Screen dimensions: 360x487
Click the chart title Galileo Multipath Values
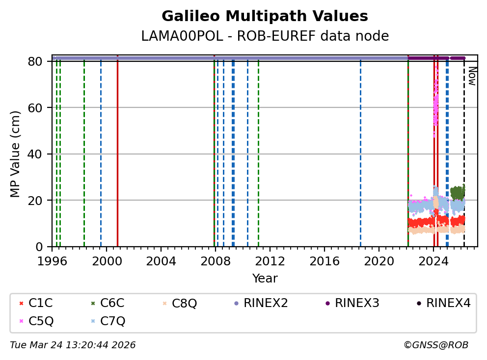tap(265, 17)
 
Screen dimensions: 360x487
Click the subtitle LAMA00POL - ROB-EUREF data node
tap(265, 36)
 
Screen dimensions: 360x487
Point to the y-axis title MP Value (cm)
tap(15, 154)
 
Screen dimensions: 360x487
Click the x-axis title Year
tap(265, 279)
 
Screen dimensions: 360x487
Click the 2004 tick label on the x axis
tap(161, 261)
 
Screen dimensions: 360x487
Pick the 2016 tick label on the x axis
tap(325, 261)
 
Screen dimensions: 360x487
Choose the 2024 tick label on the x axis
tap(433, 261)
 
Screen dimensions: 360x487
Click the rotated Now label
tap(472, 76)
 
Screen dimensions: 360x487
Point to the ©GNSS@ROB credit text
tap(436, 345)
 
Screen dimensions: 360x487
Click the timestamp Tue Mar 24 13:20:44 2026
tap(73, 345)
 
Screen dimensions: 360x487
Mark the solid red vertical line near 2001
tap(117, 152)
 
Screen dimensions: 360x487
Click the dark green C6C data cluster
tap(458, 192)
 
